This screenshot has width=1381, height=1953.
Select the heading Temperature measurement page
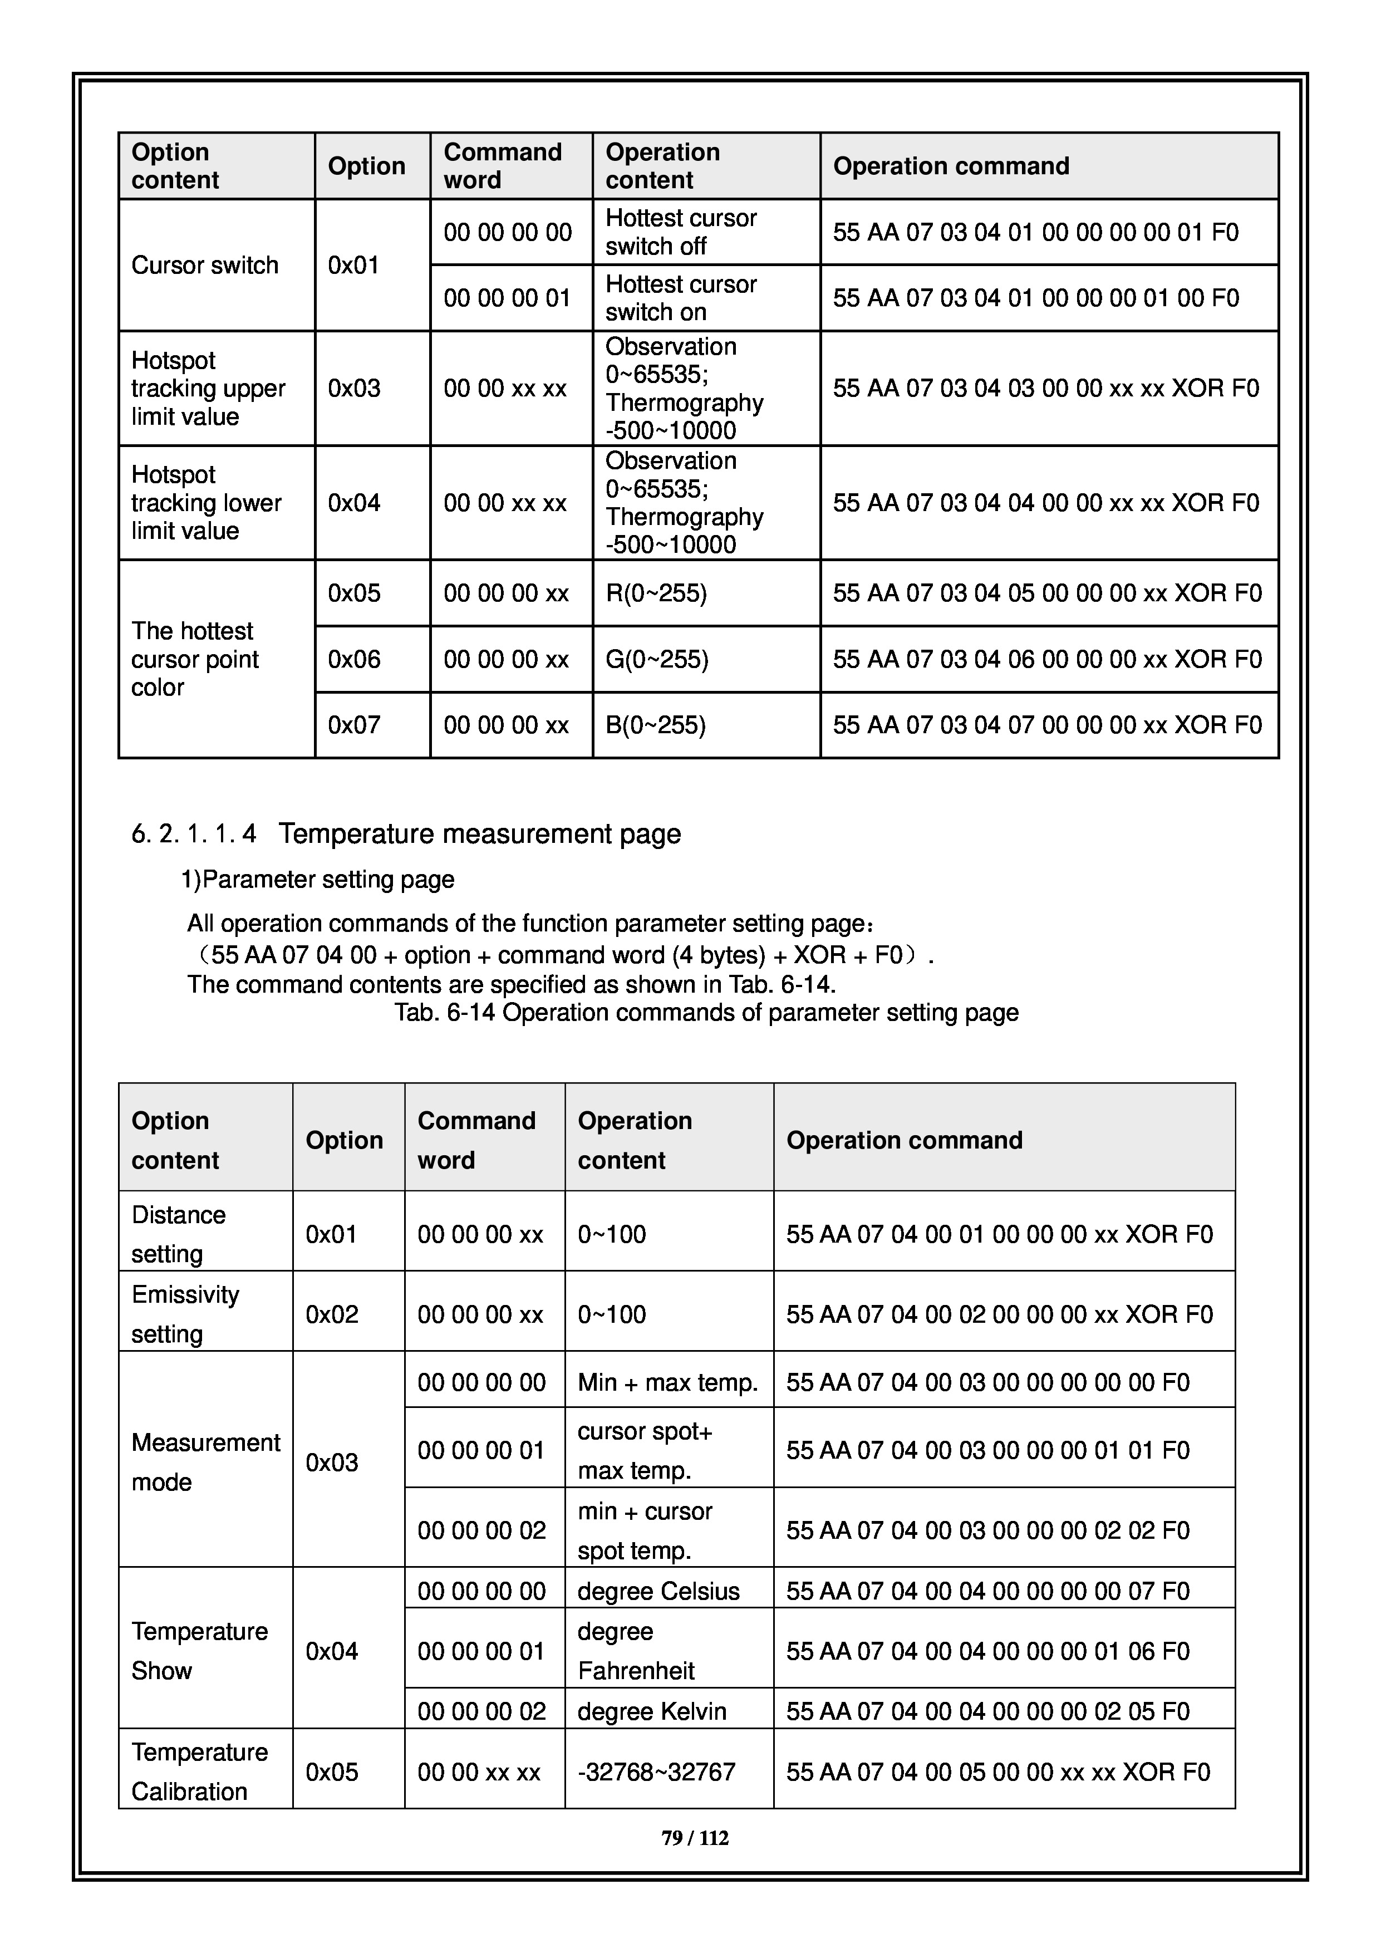click(480, 833)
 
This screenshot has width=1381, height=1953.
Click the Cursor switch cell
click(205, 266)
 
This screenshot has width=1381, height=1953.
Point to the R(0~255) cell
click(656, 593)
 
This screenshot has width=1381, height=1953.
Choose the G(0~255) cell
click(656, 659)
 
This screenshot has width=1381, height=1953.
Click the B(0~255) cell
click(656, 725)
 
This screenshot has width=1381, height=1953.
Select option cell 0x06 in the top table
click(354, 659)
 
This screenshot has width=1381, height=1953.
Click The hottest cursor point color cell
click(195, 659)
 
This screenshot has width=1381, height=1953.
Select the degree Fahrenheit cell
click(636, 1651)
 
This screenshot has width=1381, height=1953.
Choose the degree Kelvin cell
click(651, 1711)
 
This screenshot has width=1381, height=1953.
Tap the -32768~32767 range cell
click(656, 1772)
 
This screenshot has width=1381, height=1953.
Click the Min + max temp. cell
click(667, 1382)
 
